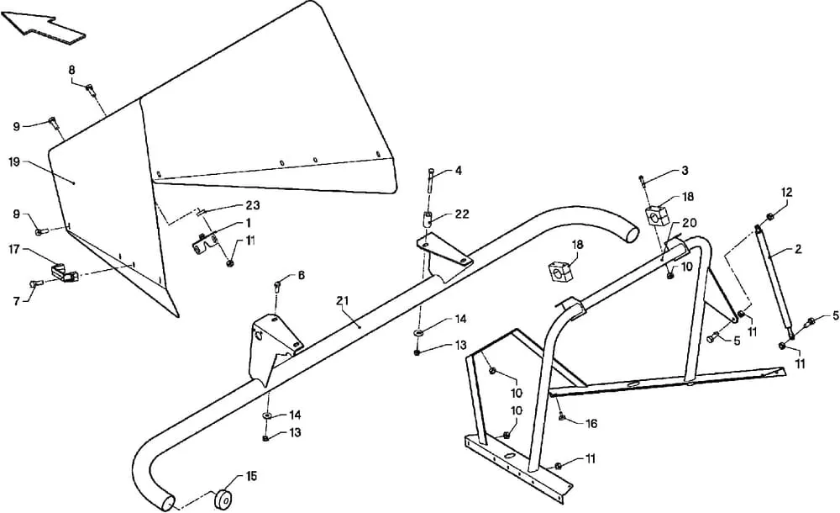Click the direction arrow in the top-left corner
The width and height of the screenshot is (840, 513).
(x=42, y=29)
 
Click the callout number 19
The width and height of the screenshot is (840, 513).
(x=14, y=161)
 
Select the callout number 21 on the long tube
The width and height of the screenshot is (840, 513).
(x=343, y=302)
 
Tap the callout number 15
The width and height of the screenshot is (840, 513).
(x=251, y=475)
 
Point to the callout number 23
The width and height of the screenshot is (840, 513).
(x=253, y=205)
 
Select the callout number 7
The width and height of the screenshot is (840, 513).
(x=17, y=302)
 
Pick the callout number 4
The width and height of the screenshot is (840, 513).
(x=458, y=171)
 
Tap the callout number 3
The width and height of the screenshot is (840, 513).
(x=685, y=171)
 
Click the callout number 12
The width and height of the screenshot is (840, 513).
(x=786, y=192)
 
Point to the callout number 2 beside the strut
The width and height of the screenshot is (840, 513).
(x=798, y=249)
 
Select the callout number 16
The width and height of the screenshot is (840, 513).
(x=591, y=423)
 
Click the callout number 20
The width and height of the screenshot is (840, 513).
(x=690, y=223)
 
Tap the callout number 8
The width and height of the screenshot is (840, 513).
(x=71, y=69)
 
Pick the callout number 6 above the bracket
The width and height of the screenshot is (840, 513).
(x=301, y=275)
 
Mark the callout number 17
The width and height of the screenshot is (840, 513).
(x=14, y=249)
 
